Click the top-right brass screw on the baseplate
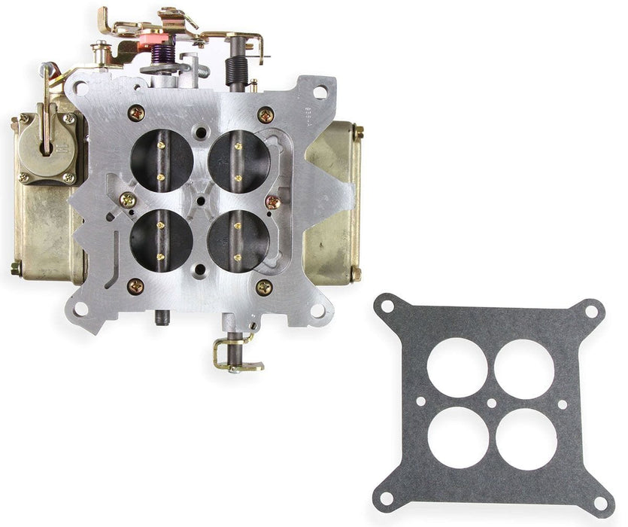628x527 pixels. pyautogui.click(x=265, y=114)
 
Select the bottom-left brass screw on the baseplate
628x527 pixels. pyautogui.click(x=135, y=286)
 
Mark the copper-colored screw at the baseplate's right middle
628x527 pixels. pyautogui.click(x=274, y=202)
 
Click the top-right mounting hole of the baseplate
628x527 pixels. pyautogui.click(x=319, y=93)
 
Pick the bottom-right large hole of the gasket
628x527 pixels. pyautogui.click(x=526, y=439)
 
